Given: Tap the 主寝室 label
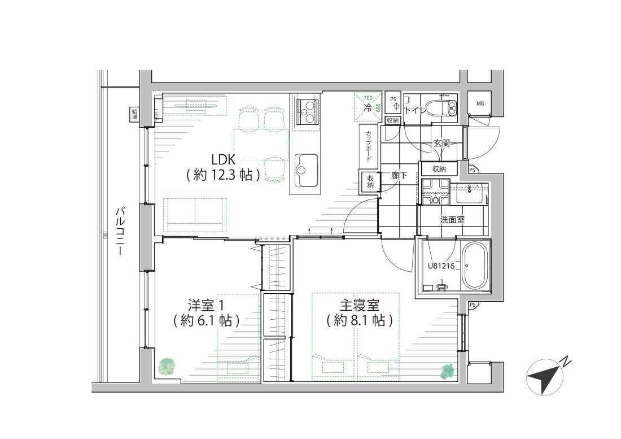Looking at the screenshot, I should (x=359, y=305).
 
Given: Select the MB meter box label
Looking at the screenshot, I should (x=480, y=103).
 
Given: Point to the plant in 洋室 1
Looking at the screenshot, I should (x=168, y=367).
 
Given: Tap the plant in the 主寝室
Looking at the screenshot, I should (x=447, y=371).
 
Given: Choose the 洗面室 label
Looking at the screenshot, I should (x=452, y=219).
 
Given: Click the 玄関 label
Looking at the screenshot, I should (x=441, y=144).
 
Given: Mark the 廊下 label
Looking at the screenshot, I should (x=399, y=176).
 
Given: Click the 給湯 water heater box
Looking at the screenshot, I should (x=134, y=115).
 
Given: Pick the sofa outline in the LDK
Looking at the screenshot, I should (x=195, y=214).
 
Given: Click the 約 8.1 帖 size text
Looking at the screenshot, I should (x=359, y=320).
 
